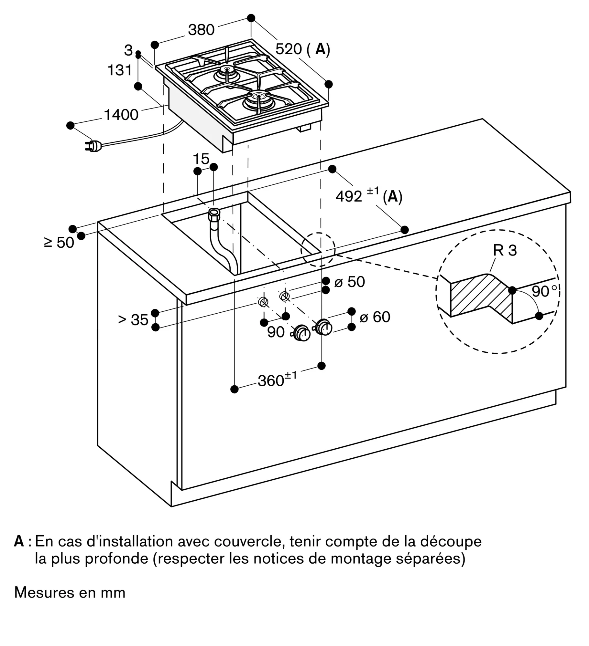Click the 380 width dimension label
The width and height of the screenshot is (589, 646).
(201, 30)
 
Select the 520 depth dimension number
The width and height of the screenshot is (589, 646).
(289, 49)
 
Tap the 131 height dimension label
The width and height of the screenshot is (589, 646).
(120, 70)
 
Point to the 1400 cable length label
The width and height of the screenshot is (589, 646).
(121, 115)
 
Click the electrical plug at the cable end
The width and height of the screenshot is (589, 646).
(93, 146)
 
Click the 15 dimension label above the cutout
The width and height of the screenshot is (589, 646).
(201, 159)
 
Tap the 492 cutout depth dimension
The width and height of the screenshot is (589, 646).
(349, 196)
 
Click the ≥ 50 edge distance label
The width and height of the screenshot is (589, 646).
(59, 242)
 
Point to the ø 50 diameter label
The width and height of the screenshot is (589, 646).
(349, 282)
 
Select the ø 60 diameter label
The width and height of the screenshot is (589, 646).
(375, 317)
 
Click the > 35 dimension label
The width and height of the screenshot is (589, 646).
(133, 320)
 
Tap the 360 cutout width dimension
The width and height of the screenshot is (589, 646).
(271, 381)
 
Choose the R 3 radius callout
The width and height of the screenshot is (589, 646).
(505, 250)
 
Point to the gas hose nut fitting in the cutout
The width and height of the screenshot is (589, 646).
(214, 214)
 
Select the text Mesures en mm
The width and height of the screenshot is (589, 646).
(70, 592)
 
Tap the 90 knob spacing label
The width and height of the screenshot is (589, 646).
(276, 332)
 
